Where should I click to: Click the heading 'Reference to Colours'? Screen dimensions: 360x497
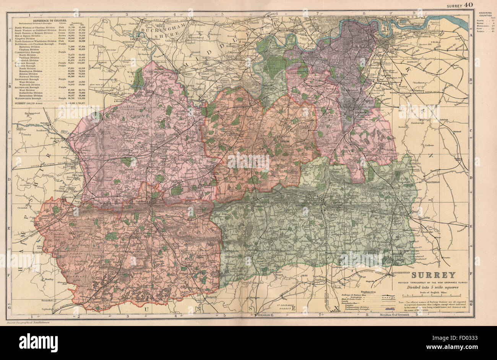50,19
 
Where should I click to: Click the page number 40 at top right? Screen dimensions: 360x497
468,5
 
